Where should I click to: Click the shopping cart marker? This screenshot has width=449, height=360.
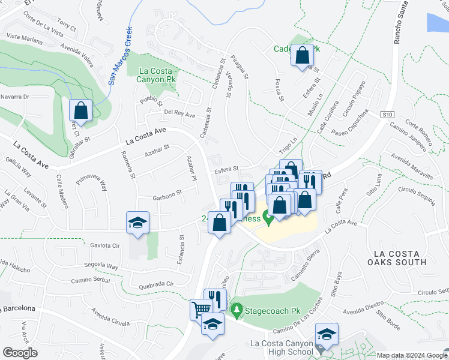click(x=200, y=309)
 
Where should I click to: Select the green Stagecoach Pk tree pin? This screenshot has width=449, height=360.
click(x=237, y=310)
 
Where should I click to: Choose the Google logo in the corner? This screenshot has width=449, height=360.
click(x=20, y=353)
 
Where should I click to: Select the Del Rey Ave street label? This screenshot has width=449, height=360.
click(x=180, y=114)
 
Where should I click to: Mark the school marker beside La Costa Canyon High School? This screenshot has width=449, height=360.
click(x=327, y=334)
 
